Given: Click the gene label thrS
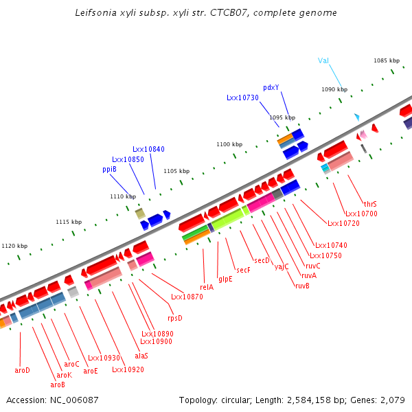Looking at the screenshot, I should click(370, 204).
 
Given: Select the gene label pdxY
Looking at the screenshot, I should click(271, 87).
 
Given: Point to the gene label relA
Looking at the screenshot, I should click(207, 287).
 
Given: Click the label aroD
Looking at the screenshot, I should click(23, 370).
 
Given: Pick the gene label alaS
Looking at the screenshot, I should click(141, 356).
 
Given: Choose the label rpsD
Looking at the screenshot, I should click(175, 318).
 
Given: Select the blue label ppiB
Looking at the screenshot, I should click(109, 169).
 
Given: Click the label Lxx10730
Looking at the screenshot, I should click(242, 98).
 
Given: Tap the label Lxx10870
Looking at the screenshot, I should click(187, 297).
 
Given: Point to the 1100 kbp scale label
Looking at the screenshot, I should click(229, 144).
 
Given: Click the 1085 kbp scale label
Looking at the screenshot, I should click(387, 60).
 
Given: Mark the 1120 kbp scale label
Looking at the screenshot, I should click(14, 246).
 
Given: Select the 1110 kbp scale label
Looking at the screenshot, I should click(123, 196).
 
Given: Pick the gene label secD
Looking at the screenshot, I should click(262, 260).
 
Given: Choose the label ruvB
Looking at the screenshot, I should click(302, 285).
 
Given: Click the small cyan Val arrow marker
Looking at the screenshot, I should click(356, 117).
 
